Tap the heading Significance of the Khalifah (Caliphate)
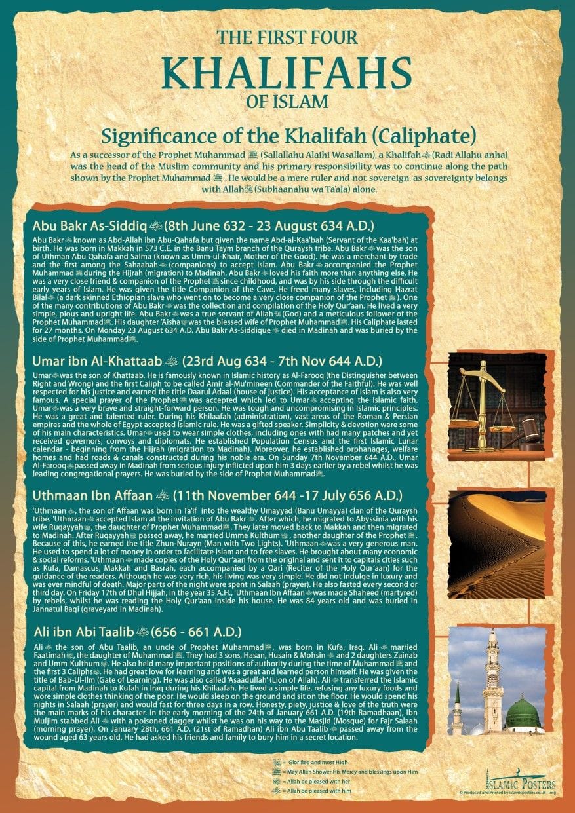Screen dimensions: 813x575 [x=288, y=136]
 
